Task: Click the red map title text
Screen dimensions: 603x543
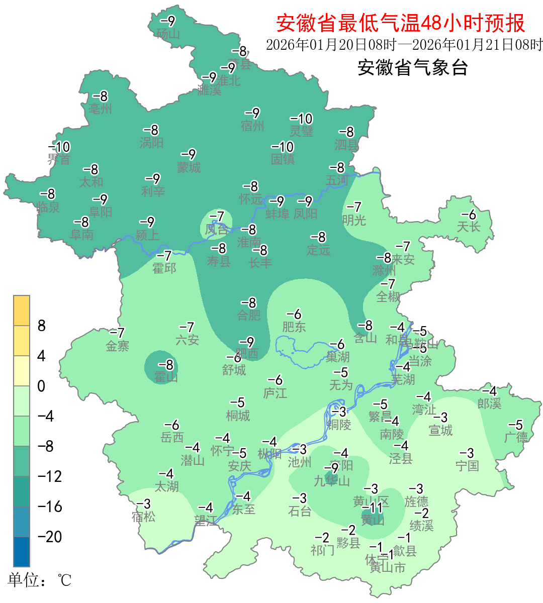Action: pyautogui.click(x=400, y=23)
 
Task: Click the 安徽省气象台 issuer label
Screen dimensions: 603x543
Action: pyautogui.click(x=412, y=67)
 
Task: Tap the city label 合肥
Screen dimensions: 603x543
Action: pyautogui.click(x=249, y=315)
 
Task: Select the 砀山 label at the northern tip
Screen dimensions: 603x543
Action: pyautogui.click(x=168, y=34)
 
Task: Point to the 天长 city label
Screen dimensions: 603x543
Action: pyautogui.click(x=469, y=227)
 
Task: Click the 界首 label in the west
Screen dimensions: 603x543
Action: pyautogui.click(x=59, y=160)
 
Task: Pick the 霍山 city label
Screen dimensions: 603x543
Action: pyautogui.click(x=166, y=377)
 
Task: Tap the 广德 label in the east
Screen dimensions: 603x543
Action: pyautogui.click(x=516, y=437)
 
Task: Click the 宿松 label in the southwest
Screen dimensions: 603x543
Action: pyautogui.click(x=144, y=516)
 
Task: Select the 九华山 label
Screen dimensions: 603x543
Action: pyautogui.click(x=332, y=481)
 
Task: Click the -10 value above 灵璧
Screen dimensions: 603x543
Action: pyautogui.click(x=302, y=119)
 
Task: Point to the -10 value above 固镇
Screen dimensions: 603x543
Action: pyautogui.click(x=283, y=147)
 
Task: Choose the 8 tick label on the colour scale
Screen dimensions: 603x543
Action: pyautogui.click(x=42, y=326)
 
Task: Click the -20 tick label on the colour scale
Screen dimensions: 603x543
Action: pyautogui.click(x=50, y=537)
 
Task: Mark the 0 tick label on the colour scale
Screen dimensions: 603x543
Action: pyautogui.click(x=41, y=386)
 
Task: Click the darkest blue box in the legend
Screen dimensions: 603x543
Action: pyautogui.click(x=22, y=552)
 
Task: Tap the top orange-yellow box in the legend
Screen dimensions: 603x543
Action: pyautogui.click(x=22, y=311)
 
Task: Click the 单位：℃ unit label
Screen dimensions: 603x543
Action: pyautogui.click(x=39, y=580)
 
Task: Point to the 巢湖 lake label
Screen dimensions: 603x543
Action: pyautogui.click(x=337, y=357)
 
